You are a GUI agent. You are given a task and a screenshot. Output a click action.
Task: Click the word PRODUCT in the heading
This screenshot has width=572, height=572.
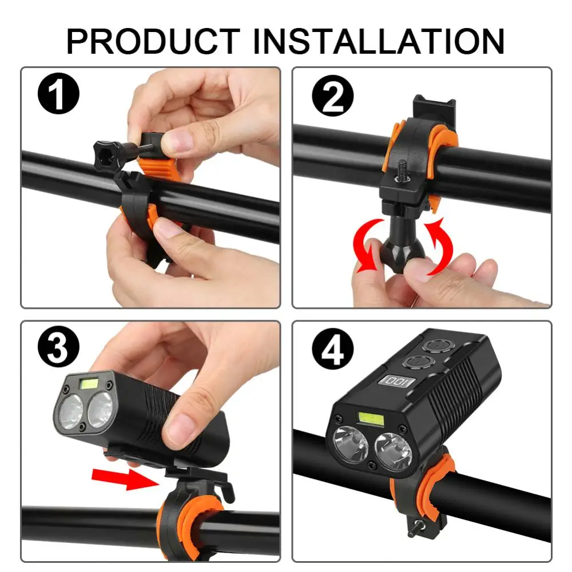coord(153,41)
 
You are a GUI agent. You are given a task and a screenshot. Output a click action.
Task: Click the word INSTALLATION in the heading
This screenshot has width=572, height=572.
coord(378,41)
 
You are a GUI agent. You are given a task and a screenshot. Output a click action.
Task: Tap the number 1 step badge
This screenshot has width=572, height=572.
coord(58,93)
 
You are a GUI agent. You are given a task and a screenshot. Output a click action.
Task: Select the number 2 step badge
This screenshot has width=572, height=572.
coord(333,96)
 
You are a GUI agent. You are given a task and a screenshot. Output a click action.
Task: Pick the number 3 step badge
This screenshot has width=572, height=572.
coord(58,347)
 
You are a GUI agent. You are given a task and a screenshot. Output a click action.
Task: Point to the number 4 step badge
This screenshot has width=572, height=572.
coord(333,349)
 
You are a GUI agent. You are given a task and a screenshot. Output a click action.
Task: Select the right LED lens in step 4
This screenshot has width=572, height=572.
coord(394,452)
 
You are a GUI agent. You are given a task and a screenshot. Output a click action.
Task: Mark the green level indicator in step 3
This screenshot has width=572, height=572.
coord(88,383)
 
